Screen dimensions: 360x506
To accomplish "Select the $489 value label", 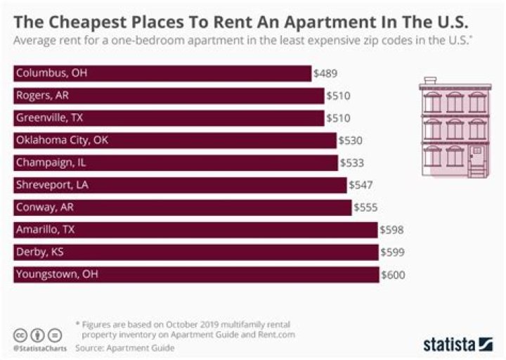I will tap(325, 73).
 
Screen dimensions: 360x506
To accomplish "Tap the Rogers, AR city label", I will tap(43, 96).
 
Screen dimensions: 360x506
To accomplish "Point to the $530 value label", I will tap(351, 141).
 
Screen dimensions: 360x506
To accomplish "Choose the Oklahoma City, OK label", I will tap(62, 141).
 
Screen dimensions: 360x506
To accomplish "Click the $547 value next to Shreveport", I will tap(361, 186).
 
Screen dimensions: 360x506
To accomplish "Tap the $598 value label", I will tap(391, 230).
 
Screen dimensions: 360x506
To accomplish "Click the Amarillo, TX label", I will tap(45, 230).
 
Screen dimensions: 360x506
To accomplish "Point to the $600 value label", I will tap(393, 275).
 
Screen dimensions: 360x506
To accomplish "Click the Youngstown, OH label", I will tap(56, 275).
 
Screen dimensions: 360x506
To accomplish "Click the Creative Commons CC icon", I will tap(20, 335).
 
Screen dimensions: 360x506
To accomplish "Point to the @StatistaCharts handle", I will tap(37, 348).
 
